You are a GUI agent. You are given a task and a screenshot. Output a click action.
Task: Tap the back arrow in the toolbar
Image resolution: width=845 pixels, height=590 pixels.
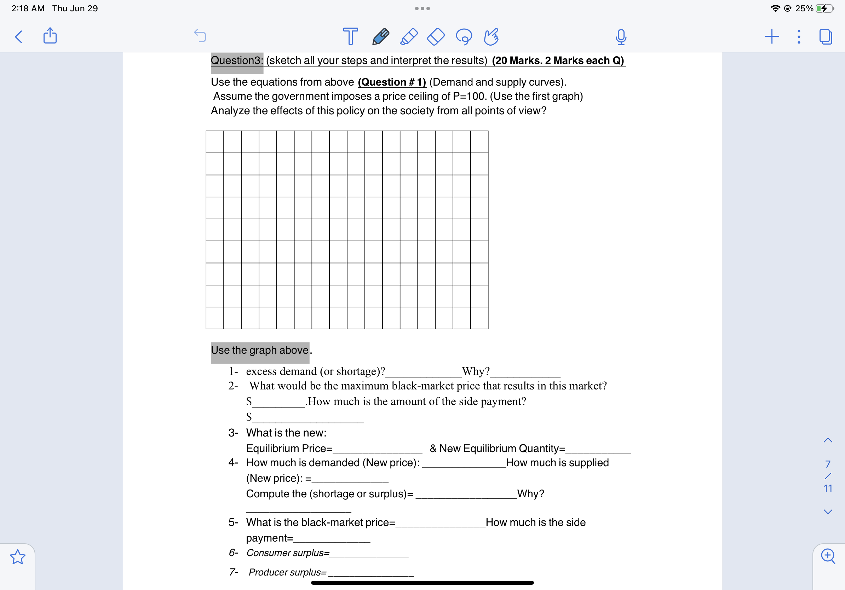pos(18,37)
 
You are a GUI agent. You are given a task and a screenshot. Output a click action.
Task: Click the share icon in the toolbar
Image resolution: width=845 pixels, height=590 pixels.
pos(50,36)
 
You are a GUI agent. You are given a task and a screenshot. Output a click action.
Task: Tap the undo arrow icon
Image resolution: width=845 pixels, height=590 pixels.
pos(200,36)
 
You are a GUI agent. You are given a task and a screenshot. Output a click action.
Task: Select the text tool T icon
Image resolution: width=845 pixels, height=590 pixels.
pos(350,36)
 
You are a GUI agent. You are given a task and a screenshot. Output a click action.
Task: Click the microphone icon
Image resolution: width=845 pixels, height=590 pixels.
pos(621,37)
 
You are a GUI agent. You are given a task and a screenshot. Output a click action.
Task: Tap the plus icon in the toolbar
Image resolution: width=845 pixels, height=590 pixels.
pos(771,37)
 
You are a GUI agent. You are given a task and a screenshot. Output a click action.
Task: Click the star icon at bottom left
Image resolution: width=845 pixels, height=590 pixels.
pos(18,557)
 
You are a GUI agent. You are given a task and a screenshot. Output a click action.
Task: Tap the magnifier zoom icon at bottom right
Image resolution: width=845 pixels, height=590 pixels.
pos(828,556)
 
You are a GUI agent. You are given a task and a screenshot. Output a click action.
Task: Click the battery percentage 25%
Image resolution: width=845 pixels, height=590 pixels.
pos(804,8)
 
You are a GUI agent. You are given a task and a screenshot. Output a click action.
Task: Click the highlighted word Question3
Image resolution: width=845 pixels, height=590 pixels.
pos(237,60)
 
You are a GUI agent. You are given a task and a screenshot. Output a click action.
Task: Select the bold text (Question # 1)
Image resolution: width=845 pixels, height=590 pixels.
pos(392,82)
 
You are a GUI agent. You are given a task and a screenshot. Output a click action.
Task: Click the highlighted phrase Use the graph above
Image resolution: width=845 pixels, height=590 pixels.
pos(260,350)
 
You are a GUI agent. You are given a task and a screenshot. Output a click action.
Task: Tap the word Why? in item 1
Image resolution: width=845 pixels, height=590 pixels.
pos(476,371)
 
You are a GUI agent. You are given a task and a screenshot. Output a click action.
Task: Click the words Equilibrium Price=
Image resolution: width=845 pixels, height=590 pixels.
pos(289,449)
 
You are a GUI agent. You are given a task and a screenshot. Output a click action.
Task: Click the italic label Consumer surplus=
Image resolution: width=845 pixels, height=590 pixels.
pos(288,553)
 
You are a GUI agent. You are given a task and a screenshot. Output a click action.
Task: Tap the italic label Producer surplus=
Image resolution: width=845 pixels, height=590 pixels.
pos(288,572)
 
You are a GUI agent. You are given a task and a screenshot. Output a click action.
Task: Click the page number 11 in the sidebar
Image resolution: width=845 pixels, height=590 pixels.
pos(828,488)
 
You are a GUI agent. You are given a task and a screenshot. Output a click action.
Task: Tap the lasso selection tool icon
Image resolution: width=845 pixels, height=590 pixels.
pos(464,37)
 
